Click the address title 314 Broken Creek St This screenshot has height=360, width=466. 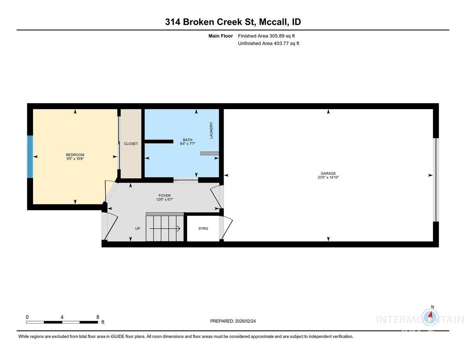[233, 22]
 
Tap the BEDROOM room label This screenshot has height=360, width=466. [75, 155]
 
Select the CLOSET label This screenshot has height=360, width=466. [131, 144]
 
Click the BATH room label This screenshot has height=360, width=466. [188, 140]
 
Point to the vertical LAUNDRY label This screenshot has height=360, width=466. [211, 130]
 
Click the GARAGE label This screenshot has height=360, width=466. [328, 174]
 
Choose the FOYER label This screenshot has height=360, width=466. [165, 196]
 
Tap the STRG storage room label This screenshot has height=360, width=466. [203, 228]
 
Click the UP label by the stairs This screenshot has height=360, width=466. [137, 228]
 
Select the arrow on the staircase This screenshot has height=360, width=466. [165, 229]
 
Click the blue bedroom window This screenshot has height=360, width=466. [30, 157]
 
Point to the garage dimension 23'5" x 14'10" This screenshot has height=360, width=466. [328, 177]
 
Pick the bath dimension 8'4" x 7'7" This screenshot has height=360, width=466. [188, 144]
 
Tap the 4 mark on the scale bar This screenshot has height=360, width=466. [62, 317]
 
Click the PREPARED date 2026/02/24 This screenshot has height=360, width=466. [233, 321]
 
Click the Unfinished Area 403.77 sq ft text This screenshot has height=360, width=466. [268, 43]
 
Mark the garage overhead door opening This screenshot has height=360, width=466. [436, 180]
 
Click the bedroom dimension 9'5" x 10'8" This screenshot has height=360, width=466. [75, 158]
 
